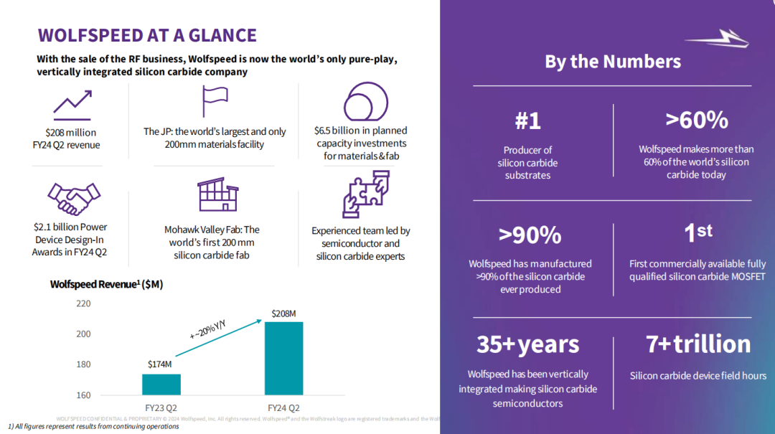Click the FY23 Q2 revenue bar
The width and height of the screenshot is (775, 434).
click(161, 385)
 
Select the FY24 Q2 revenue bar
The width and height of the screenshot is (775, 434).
click(283, 358)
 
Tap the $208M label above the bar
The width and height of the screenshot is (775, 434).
click(284, 313)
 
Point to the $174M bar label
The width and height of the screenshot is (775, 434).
click(159, 364)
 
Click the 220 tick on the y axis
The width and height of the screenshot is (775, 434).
click(83, 303)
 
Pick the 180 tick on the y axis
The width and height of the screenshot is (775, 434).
click(83, 364)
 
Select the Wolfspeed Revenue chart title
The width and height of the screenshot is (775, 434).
click(106, 284)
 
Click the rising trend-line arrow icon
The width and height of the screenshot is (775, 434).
click(72, 104)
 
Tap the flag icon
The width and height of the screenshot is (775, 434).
click(214, 102)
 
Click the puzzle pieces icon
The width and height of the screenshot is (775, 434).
click(366, 194)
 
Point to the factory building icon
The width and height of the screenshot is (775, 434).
click(217, 195)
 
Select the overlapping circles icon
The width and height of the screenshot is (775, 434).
click(366, 102)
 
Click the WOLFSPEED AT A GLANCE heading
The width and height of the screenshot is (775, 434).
click(147, 35)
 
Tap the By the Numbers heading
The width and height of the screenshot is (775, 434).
click(613, 61)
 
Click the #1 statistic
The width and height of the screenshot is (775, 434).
click(527, 121)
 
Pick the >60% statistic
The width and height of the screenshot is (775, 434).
click(696, 120)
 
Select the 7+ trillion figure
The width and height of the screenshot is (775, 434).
click(697, 344)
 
